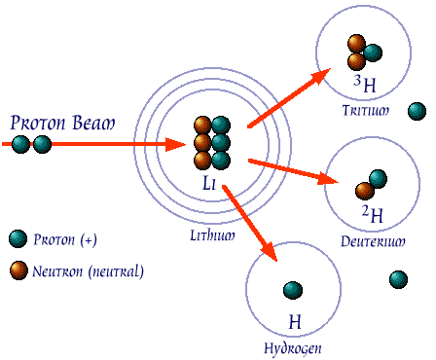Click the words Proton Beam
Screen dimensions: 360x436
click(61, 124)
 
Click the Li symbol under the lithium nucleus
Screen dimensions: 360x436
click(210, 183)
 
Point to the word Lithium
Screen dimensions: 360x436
click(212, 234)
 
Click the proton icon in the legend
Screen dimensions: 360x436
click(17, 239)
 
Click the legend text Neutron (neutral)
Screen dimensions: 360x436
click(88, 271)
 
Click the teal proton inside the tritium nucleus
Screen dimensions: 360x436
click(372, 53)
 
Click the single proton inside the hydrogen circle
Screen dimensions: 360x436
click(291, 289)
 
